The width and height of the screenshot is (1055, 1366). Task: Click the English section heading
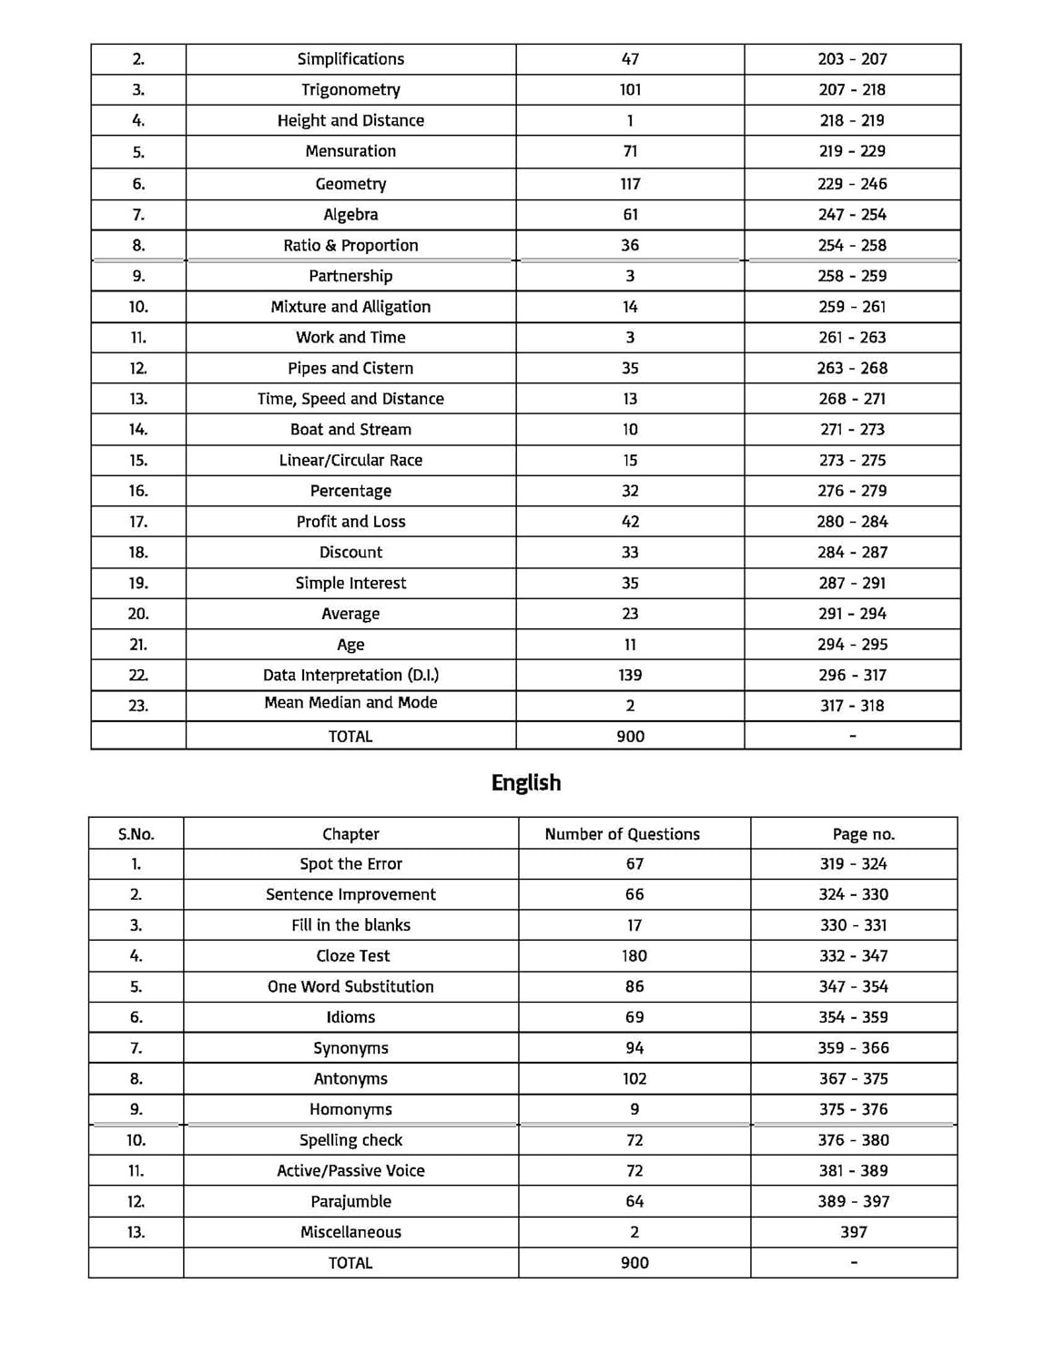pyautogui.click(x=526, y=783)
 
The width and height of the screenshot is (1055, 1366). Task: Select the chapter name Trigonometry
pyautogui.click(x=350, y=89)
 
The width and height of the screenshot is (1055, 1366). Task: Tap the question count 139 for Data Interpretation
pyautogui.click(x=630, y=675)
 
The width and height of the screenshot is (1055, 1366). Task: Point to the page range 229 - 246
pyautogui.click(x=852, y=184)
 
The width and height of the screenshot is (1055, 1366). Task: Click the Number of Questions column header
pyautogui.click(x=623, y=834)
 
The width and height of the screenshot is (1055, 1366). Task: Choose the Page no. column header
pyautogui.click(x=863, y=834)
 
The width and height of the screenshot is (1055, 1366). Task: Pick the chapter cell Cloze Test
pyautogui.click(x=352, y=955)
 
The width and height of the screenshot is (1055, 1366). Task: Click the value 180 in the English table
pyautogui.click(x=634, y=955)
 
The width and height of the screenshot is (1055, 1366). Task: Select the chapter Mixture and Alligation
pyautogui.click(x=350, y=307)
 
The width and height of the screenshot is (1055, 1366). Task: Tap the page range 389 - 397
pyautogui.click(x=853, y=1201)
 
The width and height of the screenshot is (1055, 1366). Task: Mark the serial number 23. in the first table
pyautogui.click(x=138, y=706)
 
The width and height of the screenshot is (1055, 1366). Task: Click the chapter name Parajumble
pyautogui.click(x=350, y=1201)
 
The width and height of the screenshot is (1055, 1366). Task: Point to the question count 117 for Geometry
pyautogui.click(x=630, y=184)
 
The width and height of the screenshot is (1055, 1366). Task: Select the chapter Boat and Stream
pyautogui.click(x=350, y=429)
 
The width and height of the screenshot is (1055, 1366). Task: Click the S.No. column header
pyautogui.click(x=137, y=834)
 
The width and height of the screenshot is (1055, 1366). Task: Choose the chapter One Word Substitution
pyautogui.click(x=350, y=986)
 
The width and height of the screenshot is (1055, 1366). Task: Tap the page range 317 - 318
pyautogui.click(x=852, y=706)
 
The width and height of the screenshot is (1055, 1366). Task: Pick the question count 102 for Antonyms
pyautogui.click(x=634, y=1078)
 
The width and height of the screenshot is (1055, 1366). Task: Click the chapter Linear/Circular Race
pyautogui.click(x=350, y=460)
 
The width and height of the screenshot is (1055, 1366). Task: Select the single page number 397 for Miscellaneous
pyautogui.click(x=853, y=1232)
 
